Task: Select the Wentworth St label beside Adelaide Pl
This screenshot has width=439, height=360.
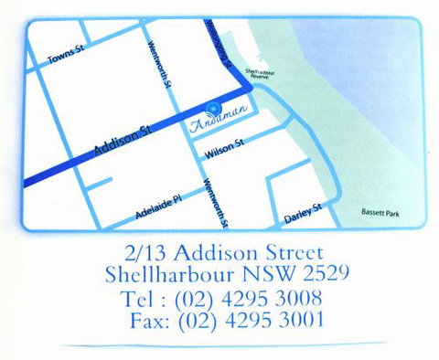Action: [x=217, y=202]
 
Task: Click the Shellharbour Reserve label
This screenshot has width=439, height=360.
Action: [x=261, y=74]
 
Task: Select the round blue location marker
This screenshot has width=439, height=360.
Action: [x=216, y=106]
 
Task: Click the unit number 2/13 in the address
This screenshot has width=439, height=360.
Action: [x=148, y=251]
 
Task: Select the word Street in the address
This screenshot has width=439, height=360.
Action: [x=292, y=251]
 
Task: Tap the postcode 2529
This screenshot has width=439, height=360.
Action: [x=324, y=273]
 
